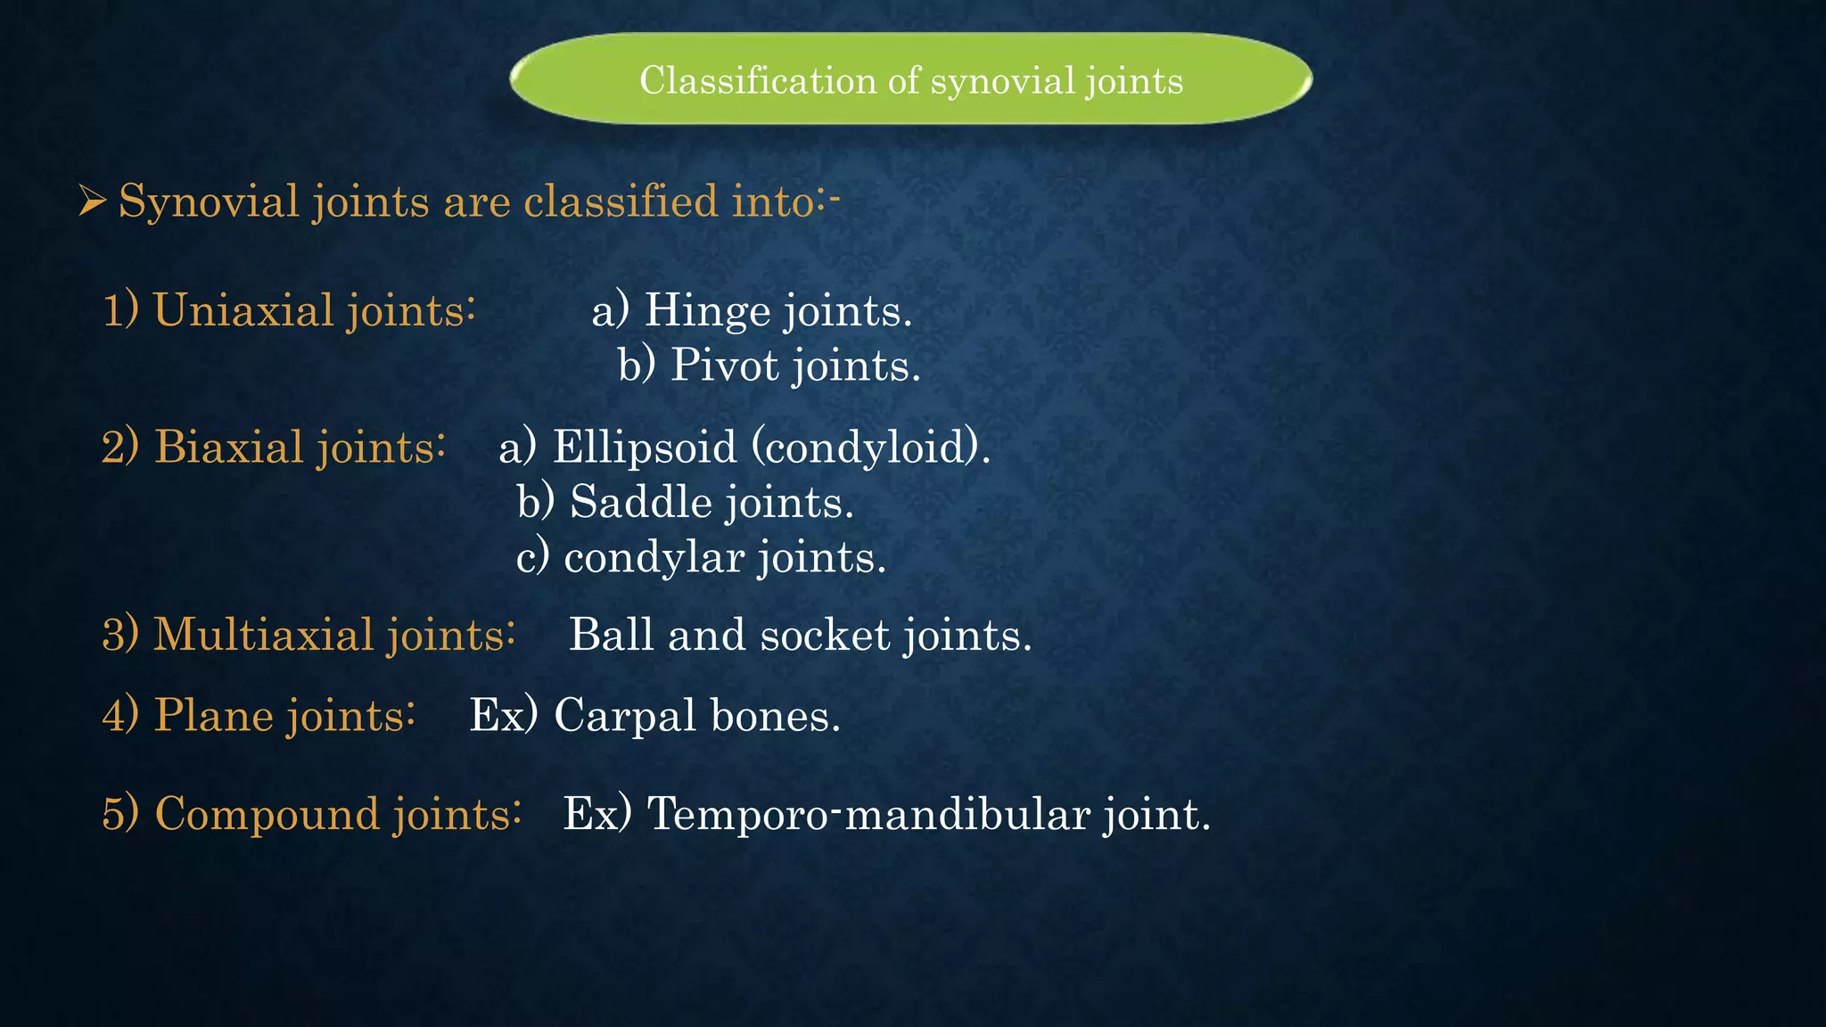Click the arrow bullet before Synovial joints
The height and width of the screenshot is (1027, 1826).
click(x=92, y=201)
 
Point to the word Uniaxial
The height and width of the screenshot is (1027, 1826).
click(x=243, y=310)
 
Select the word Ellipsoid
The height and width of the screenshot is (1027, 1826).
click(x=645, y=447)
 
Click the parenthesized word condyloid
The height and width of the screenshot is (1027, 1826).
click(x=866, y=447)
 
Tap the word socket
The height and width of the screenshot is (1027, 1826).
click(x=825, y=635)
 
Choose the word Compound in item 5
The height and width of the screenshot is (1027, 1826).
click(x=267, y=814)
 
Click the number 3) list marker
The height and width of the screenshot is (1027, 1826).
click(x=120, y=635)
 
